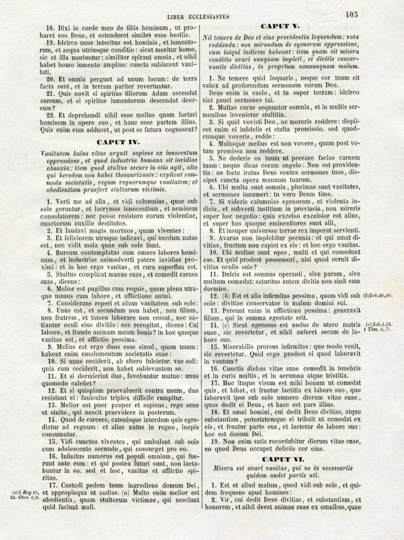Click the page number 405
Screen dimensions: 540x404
[352, 15]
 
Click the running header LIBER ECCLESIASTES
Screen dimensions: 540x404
[198, 17]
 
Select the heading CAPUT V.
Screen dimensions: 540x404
[280, 26]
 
